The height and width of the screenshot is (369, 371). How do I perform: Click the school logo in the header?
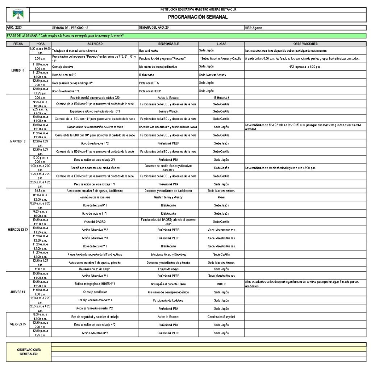pyautogui.click(x=17, y=14)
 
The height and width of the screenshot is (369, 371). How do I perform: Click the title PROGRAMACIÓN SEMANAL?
pyautogui.click(x=198, y=17)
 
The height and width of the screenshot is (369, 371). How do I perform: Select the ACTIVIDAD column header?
pyautogui.click(x=95, y=44)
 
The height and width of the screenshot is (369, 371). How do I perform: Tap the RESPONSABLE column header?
pyautogui.click(x=168, y=44)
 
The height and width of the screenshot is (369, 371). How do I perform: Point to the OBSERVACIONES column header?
pyautogui.click(x=305, y=44)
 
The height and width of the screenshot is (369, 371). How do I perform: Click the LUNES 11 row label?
pyautogui.click(x=17, y=71)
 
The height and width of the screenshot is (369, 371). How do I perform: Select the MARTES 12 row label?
pyautogui.click(x=17, y=141)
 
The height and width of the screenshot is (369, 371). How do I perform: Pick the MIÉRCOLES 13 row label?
pyautogui.click(x=17, y=230)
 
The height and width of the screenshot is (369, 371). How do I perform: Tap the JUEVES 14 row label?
pyautogui.click(x=17, y=292)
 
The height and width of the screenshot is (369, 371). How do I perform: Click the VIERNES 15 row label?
pyautogui.click(x=17, y=324)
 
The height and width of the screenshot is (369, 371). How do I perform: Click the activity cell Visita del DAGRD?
pyautogui.click(x=95, y=222)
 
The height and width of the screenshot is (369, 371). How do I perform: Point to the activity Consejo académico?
pyautogui.click(x=95, y=292)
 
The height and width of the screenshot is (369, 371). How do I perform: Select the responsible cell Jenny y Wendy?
pyautogui.click(x=168, y=111)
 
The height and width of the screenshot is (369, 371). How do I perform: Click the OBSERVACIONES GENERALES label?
pyautogui.click(x=29, y=352)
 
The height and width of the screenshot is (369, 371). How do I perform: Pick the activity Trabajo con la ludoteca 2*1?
pyautogui.click(x=95, y=300)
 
